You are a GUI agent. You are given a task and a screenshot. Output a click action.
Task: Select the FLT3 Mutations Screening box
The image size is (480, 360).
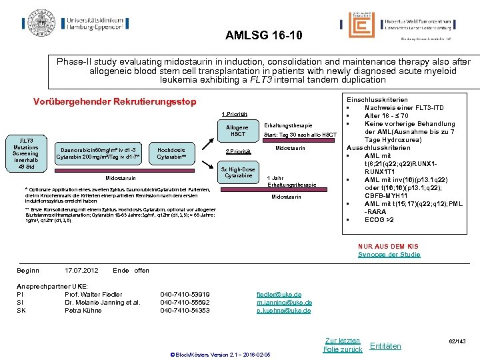25,154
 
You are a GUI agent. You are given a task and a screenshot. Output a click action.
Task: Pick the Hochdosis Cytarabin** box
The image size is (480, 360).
171,154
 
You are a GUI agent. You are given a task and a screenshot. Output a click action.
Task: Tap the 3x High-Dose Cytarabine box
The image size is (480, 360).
238,173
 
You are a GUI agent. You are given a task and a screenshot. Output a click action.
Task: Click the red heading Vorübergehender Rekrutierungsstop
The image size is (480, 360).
115,102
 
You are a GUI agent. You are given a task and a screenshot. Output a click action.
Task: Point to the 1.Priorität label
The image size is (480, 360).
235,113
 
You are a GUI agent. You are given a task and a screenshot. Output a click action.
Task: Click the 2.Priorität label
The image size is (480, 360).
238,151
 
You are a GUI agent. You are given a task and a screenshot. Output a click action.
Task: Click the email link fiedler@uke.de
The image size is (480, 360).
279,295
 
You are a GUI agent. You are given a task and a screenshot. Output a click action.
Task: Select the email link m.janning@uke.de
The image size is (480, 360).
284,303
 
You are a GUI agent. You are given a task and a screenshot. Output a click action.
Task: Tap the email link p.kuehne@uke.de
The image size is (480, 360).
283,311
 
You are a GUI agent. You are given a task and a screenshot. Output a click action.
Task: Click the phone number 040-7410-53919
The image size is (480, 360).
185,295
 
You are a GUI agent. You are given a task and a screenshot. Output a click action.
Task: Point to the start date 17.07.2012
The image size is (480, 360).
81,270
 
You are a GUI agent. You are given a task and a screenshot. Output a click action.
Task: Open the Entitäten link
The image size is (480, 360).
385,346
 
